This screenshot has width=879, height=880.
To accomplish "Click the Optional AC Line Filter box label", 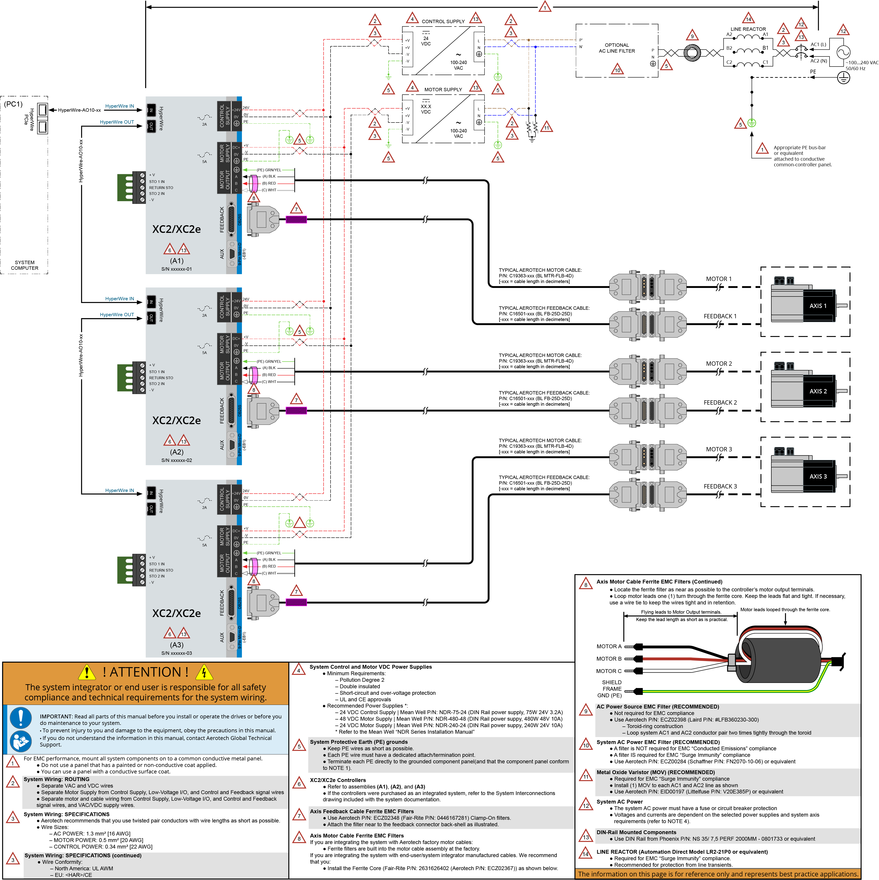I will [617, 48].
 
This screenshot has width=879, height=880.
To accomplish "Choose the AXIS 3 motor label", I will [818, 477].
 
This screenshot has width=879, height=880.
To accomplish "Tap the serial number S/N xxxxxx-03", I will [177, 653].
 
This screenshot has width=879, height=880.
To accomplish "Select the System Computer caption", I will [25, 265].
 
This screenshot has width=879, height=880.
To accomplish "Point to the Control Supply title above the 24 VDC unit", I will [443, 21].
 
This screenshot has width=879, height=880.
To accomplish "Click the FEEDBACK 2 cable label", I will [720, 403].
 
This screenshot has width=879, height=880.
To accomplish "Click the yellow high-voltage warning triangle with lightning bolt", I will [204, 672].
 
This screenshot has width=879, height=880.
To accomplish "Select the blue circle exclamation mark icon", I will [20, 718].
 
